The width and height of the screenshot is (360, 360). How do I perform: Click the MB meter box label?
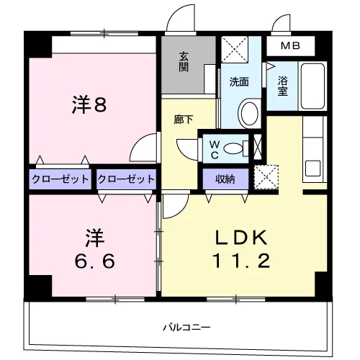[290, 45]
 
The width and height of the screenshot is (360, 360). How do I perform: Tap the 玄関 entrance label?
[184, 62]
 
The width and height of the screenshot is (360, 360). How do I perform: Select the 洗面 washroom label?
[239, 82]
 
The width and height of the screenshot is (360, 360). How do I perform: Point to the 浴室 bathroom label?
[283, 86]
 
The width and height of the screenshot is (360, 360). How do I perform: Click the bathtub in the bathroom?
[312, 86]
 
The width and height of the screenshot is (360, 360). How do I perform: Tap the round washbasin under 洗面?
[250, 113]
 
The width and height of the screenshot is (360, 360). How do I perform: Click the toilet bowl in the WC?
[233, 148]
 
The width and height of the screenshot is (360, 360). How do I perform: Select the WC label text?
[215, 150]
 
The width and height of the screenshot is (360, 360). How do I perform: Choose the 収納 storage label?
[225, 179]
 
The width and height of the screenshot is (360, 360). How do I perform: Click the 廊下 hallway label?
[184, 120]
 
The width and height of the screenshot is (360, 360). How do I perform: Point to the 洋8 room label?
[89, 104]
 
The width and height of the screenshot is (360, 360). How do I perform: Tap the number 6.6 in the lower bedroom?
[95, 261]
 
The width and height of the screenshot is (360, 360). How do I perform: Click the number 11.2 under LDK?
[241, 261]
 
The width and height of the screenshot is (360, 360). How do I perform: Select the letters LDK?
[241, 238]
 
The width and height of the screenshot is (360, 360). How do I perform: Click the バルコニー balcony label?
[186, 328]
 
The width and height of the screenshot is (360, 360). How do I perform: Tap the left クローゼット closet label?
[60, 179]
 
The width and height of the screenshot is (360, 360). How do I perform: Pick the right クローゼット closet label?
[126, 179]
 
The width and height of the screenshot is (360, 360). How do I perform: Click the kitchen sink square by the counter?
[312, 168]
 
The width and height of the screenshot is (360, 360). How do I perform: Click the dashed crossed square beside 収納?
[266, 177]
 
